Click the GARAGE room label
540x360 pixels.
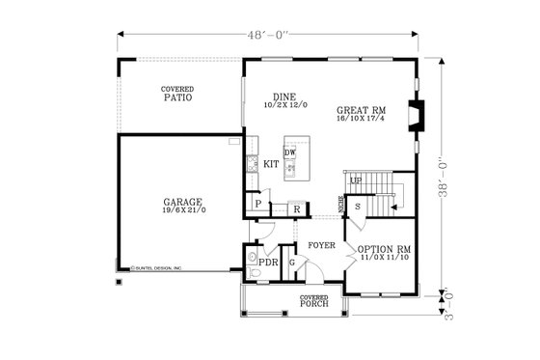click(182, 202)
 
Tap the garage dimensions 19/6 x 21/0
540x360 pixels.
click(182, 210)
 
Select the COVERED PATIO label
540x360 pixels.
click(177, 94)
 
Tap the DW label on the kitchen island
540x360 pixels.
click(289, 153)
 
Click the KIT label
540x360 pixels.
click(271, 165)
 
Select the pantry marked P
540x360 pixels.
click(257, 204)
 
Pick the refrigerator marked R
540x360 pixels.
click(296, 208)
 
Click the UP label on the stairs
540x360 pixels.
click(355, 181)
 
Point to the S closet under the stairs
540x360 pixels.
click(358, 207)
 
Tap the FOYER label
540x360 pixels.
click(321, 245)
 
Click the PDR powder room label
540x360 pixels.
click(269, 262)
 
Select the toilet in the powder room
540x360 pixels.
click(252, 269)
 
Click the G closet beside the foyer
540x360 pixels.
click(290, 262)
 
